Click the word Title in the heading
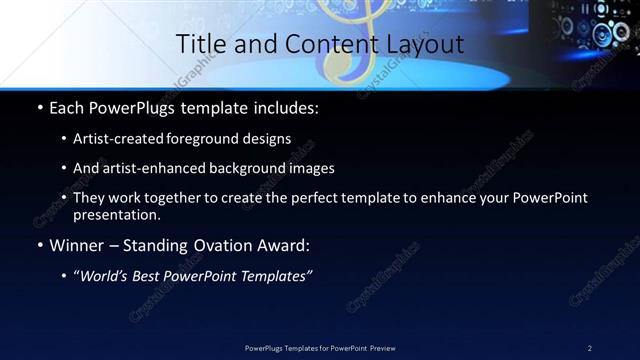pos(200,44)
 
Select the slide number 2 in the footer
pos(589,348)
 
